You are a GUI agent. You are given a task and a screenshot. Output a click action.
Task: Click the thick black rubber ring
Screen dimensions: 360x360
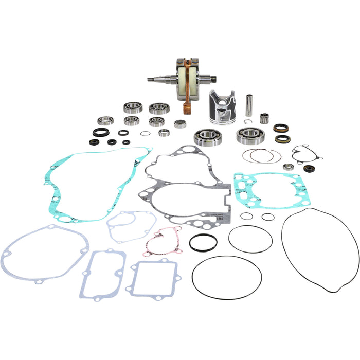click(203, 243)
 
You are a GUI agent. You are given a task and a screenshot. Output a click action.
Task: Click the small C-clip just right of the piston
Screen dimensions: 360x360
click(248, 122)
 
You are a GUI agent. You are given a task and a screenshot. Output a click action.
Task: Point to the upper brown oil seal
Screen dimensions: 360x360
click(280, 128)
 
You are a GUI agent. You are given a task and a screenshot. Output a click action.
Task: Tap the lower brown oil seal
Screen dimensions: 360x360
click(281, 138)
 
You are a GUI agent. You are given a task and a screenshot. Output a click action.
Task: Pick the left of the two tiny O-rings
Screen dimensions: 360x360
click(247, 215)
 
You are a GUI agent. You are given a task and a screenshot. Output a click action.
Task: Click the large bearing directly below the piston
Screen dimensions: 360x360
click(206, 137)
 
